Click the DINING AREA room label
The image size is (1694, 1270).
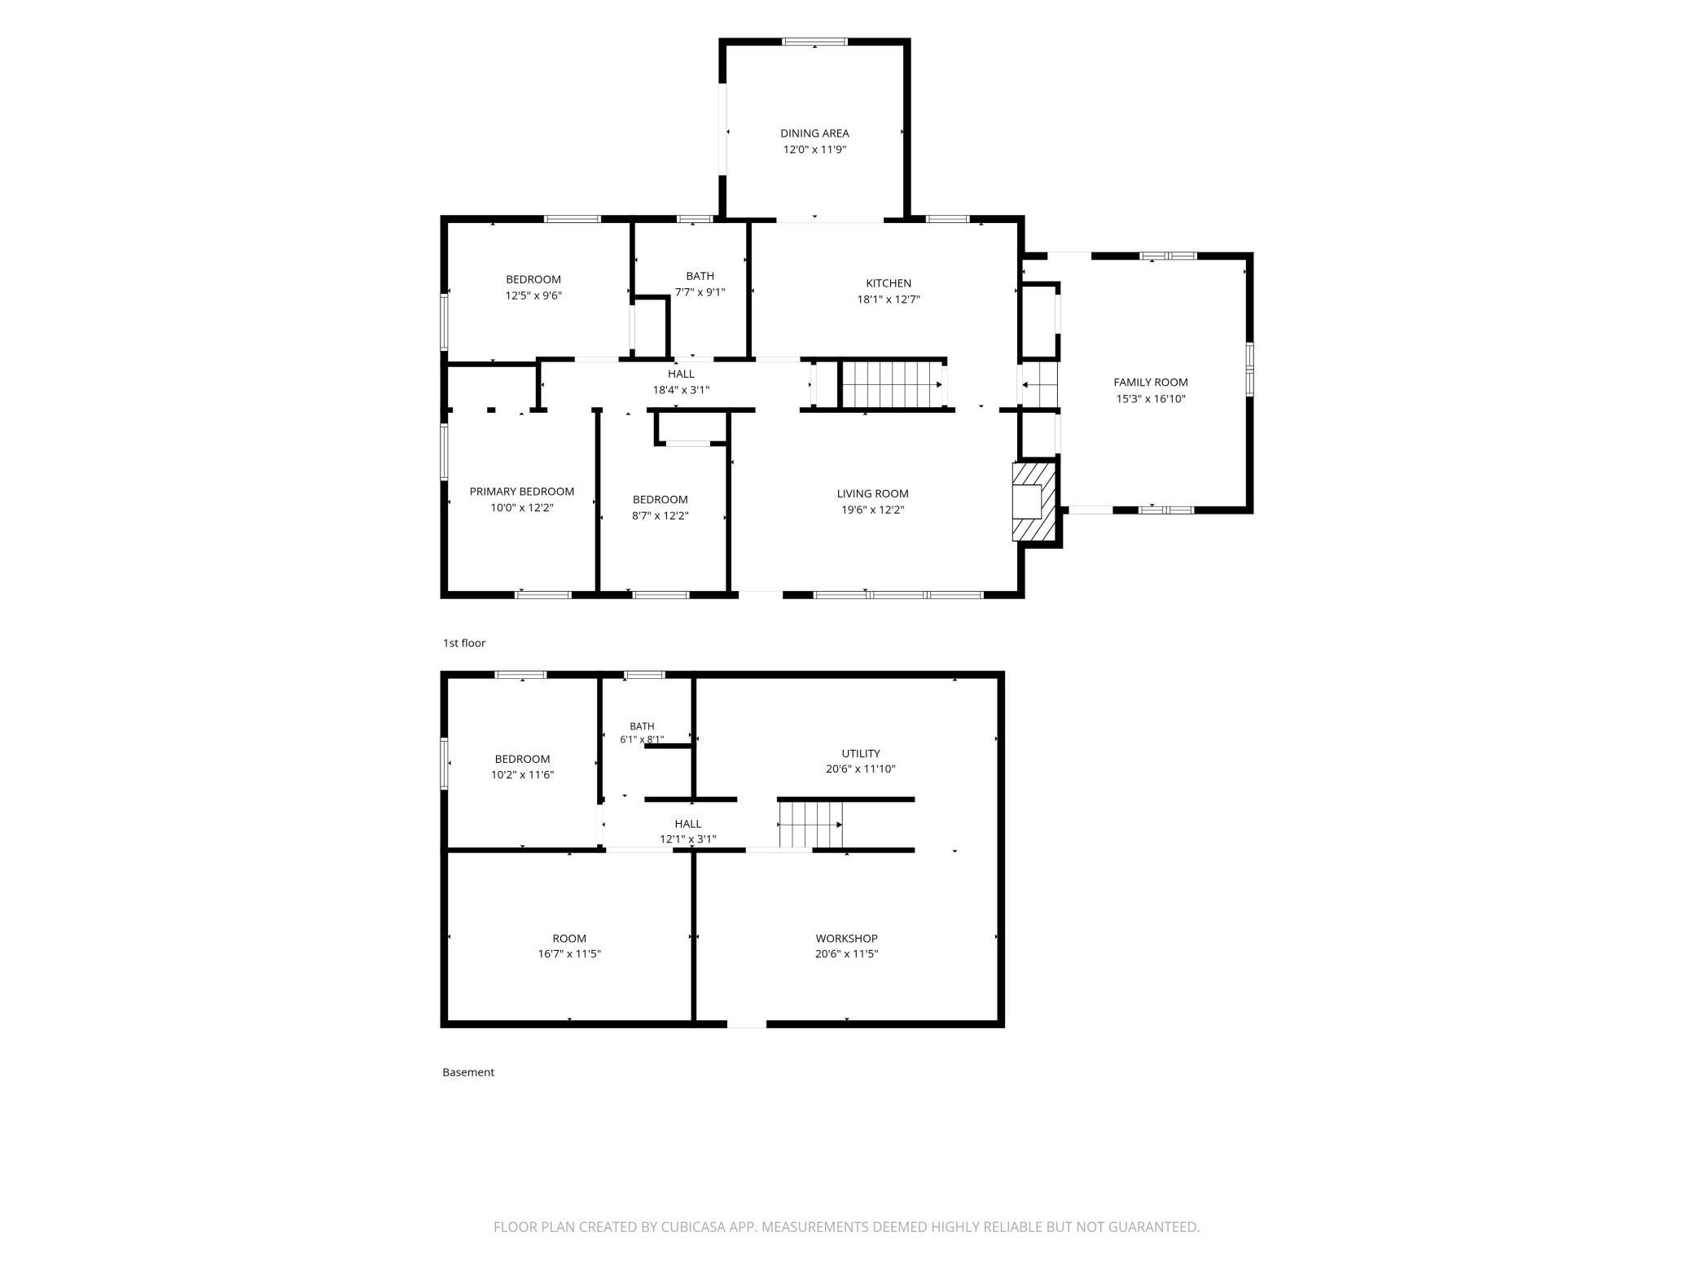(x=814, y=134)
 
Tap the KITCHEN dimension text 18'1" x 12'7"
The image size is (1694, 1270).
(x=888, y=299)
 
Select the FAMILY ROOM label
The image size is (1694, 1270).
(x=1151, y=383)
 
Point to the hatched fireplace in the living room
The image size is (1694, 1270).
(x=1035, y=501)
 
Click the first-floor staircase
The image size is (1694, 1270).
(x=893, y=384)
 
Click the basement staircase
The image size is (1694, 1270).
(x=810, y=825)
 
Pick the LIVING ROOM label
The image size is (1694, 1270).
(x=872, y=493)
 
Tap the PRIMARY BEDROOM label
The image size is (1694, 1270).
(x=521, y=492)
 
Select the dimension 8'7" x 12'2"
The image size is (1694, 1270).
(x=660, y=515)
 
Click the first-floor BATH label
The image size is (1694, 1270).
(x=700, y=276)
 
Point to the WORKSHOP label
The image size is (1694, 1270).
(x=846, y=939)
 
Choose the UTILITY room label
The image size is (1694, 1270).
(x=861, y=754)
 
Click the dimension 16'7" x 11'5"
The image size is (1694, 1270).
(x=569, y=954)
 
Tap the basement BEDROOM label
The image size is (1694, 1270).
(x=522, y=759)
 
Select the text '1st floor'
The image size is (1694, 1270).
(x=464, y=643)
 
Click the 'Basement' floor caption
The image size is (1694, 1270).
(x=468, y=1072)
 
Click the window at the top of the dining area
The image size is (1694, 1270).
(x=814, y=42)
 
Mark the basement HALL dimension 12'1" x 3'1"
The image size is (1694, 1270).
(x=688, y=839)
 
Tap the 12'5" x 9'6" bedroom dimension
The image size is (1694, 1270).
(x=533, y=296)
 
